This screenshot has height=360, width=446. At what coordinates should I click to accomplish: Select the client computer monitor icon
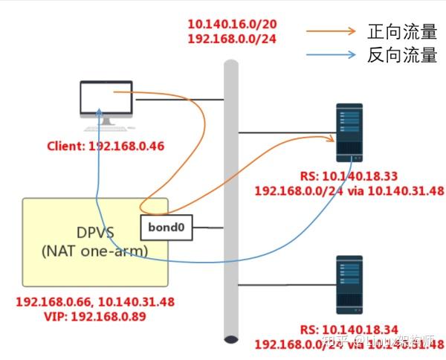(106, 100)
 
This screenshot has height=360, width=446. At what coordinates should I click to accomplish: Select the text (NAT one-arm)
(95, 251)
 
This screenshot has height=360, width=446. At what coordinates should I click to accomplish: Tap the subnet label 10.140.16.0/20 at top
(232, 25)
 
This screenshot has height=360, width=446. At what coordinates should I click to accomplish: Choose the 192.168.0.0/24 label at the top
(232, 39)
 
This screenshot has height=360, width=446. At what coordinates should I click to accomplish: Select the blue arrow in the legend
(330, 54)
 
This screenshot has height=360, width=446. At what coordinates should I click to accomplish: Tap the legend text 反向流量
(401, 54)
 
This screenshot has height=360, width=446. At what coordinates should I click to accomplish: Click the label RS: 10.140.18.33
(349, 177)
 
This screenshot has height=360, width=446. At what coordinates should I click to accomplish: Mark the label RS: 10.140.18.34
(349, 330)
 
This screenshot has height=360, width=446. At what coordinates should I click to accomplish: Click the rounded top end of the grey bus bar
(231, 65)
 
